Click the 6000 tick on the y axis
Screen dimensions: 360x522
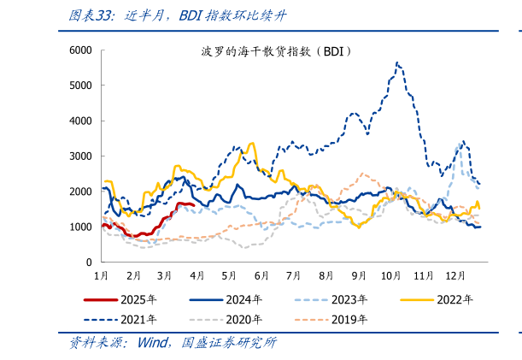tap(80, 50)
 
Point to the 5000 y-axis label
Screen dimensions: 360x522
tap(80, 86)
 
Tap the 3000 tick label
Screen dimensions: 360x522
tap(80, 156)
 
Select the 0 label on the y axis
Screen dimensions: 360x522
tap(88, 262)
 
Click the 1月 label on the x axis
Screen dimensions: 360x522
tap(100, 276)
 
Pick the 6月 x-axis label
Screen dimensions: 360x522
tap(261, 276)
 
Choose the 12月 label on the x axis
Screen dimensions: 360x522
tap(455, 276)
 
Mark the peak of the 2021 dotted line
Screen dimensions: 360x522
tap(396, 62)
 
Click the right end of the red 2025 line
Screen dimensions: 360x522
tap(195, 205)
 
